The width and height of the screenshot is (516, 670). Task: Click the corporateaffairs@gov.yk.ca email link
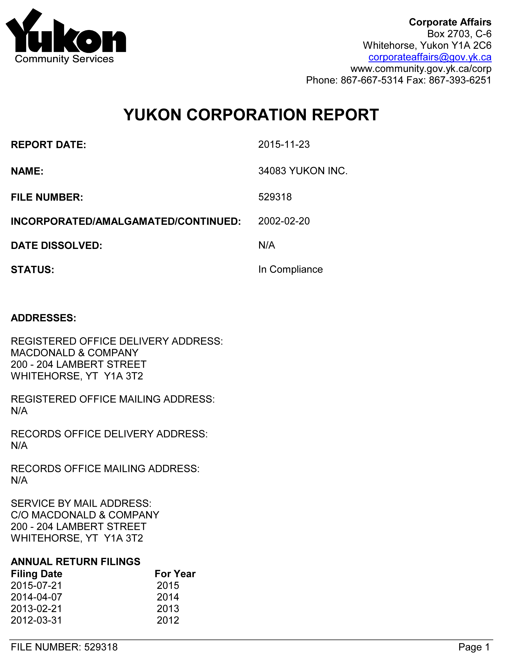tap(430, 57)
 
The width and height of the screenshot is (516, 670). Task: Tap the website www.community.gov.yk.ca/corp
tap(421, 69)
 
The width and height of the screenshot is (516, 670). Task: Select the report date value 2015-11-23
tap(284, 145)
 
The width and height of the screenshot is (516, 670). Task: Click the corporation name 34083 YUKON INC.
tap(303, 171)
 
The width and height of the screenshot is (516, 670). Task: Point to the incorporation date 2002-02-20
tap(284, 221)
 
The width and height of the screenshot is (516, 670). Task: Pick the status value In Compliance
tap(290, 269)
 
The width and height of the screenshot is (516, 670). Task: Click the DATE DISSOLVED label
tap(56, 246)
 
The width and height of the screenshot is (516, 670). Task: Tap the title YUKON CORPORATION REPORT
tap(251, 115)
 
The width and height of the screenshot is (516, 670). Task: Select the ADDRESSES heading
tap(44, 318)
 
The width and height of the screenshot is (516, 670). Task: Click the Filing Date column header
tap(37, 574)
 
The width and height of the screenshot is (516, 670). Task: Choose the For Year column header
tap(175, 574)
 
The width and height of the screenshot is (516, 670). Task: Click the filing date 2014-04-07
tap(37, 597)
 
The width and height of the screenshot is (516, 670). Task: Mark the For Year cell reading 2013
tap(168, 609)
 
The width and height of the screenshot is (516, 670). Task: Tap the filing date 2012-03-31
tap(37, 620)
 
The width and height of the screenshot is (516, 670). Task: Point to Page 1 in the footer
tap(474, 647)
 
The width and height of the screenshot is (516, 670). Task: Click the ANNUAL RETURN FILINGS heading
tap(75, 562)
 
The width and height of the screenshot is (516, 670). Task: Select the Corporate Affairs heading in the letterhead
tap(450, 22)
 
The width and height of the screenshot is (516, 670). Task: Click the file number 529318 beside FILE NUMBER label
tap(275, 197)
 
